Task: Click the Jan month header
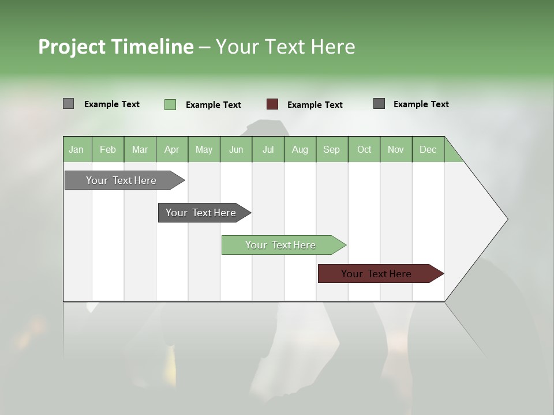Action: tap(76, 149)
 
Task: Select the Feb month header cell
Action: tap(108, 149)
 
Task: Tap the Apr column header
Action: tap(171, 149)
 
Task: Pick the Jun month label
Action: tap(236, 149)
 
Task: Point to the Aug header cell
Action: tap(300, 149)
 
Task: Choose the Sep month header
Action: tap(331, 149)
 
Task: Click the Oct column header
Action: tap(364, 149)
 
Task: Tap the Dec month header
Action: tap(428, 149)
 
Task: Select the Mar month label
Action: tap(140, 149)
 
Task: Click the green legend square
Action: tap(170, 104)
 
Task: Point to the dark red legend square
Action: tap(272, 104)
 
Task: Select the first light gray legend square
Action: tap(68, 104)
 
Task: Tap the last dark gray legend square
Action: tap(379, 104)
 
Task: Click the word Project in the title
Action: tap(72, 47)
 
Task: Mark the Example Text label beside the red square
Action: tap(315, 105)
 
